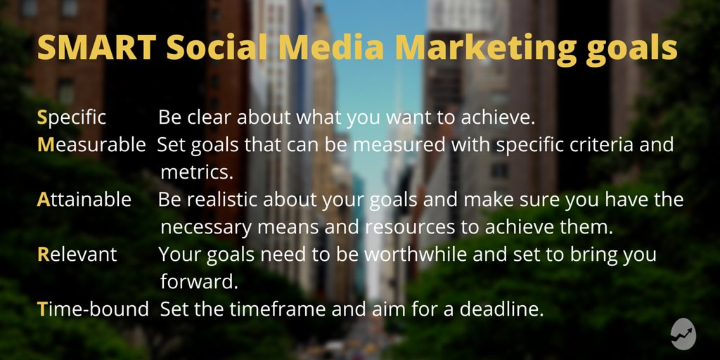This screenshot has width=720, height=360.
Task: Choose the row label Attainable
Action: click(x=84, y=200)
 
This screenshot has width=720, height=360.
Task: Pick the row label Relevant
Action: click(x=77, y=254)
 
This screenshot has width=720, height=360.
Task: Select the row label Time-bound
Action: click(x=92, y=309)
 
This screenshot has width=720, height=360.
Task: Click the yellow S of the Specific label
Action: click(x=41, y=117)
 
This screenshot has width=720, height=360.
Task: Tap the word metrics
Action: click(x=196, y=172)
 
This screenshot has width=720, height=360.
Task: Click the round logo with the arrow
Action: click(x=683, y=335)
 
